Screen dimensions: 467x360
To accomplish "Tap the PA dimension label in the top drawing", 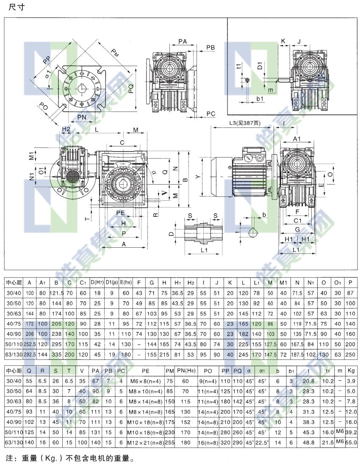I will (183, 41).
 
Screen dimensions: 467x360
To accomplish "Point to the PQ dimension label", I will (131, 88).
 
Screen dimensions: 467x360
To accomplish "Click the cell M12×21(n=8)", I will (146, 442).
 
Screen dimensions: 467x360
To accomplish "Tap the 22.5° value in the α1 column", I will (262, 442).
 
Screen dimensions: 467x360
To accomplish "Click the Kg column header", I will (350, 371).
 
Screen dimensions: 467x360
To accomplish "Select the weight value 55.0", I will (350, 442).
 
